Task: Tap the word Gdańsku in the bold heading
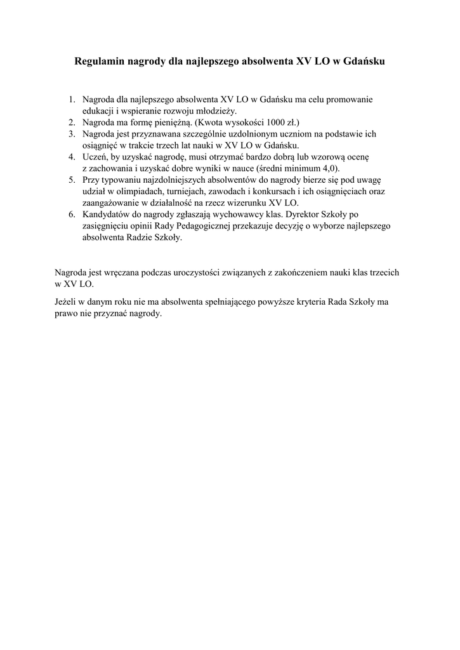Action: [x=362, y=62]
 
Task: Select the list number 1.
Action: [x=72, y=100]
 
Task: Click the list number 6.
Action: [x=72, y=215]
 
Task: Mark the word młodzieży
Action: [x=215, y=111]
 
